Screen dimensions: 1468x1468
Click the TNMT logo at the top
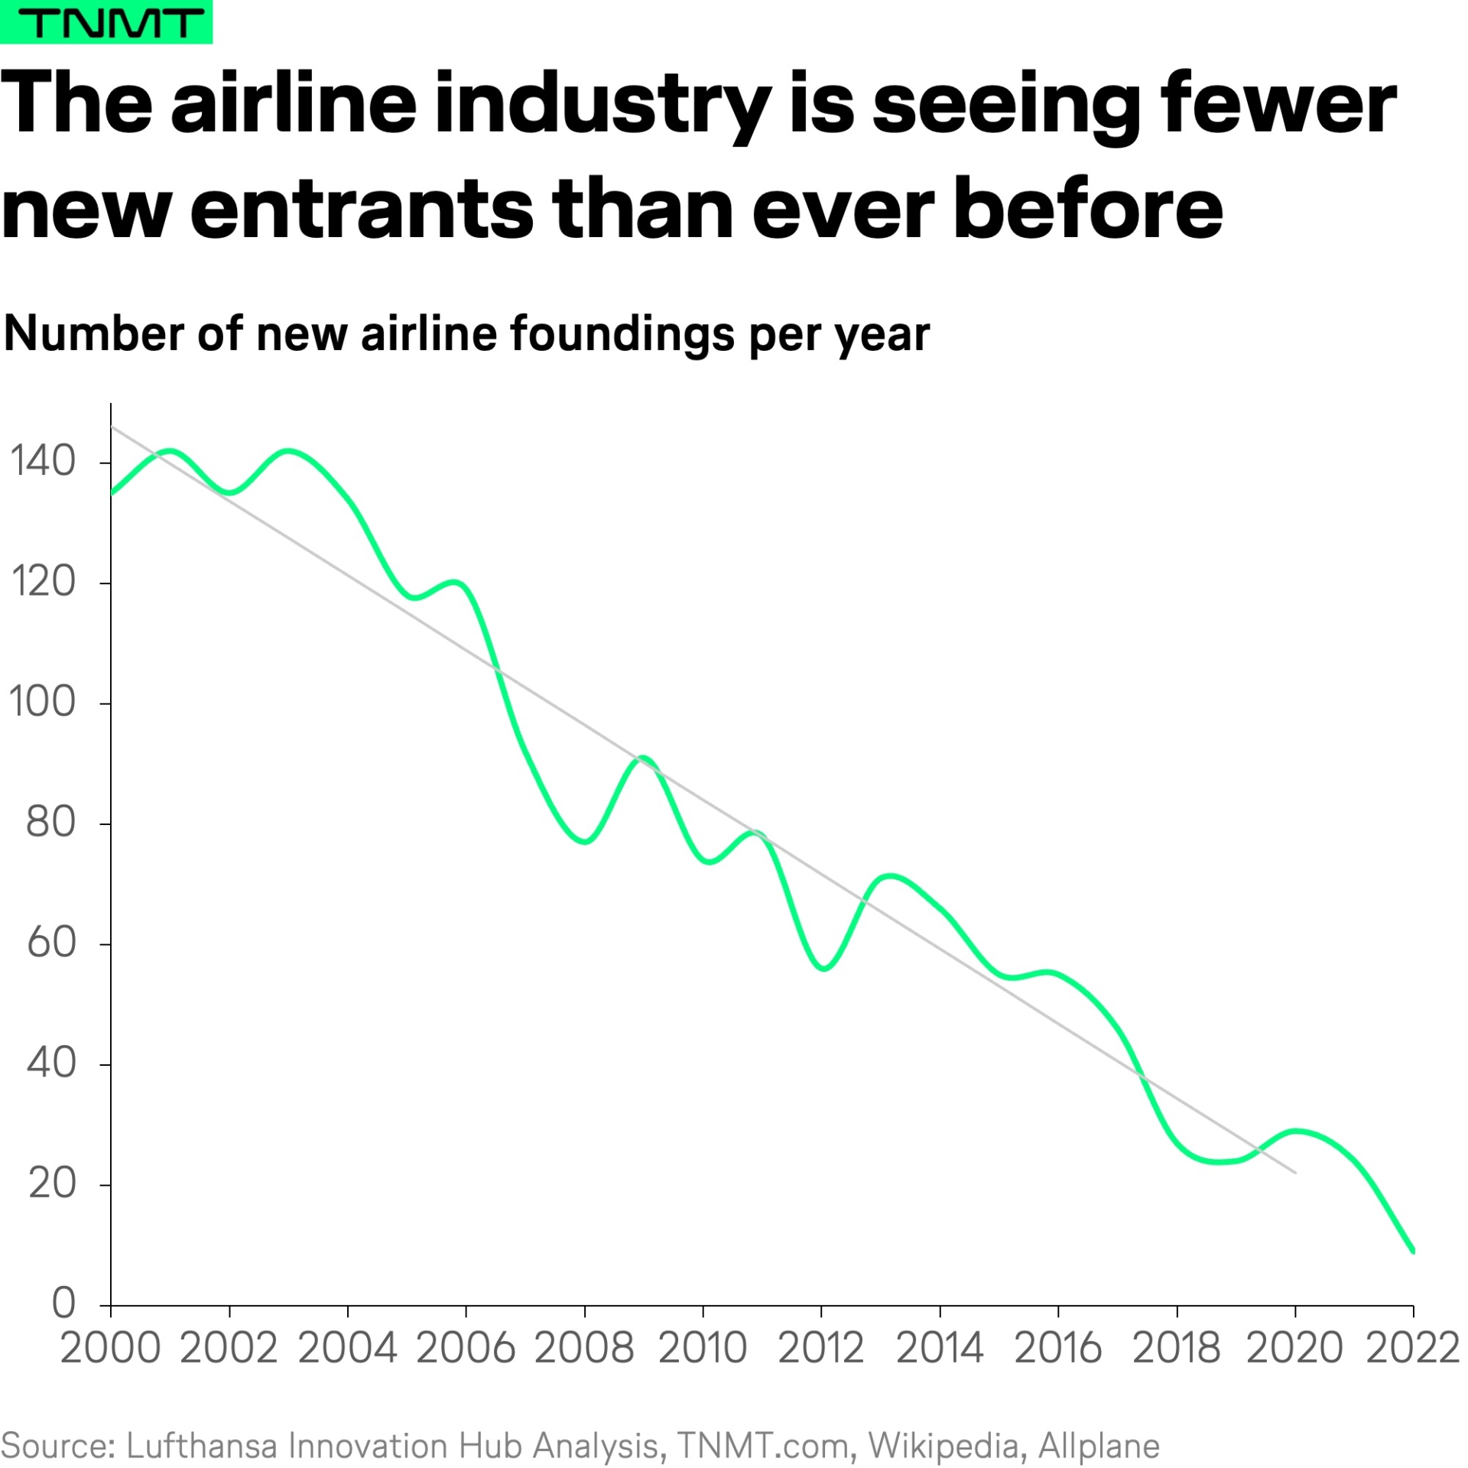click(106, 22)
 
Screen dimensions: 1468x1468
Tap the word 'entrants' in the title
click(361, 208)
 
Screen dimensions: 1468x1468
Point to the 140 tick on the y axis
click(43, 462)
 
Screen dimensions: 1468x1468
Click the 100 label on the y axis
click(43, 702)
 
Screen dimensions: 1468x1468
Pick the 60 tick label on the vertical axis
click(51, 943)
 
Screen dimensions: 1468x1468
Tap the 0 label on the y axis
click(64, 1303)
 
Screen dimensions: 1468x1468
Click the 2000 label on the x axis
click(111, 1348)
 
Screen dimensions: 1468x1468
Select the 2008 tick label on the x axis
click(584, 1348)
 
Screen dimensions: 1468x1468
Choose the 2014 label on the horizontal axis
click(939, 1348)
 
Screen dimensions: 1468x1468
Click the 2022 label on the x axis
click(1412, 1348)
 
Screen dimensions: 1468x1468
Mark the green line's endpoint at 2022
click(1412, 1252)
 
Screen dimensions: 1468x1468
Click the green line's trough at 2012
click(823, 969)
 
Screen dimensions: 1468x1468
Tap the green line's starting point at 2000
click(112, 493)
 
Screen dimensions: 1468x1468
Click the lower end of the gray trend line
click(1294, 1172)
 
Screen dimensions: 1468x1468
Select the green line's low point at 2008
click(585, 842)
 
